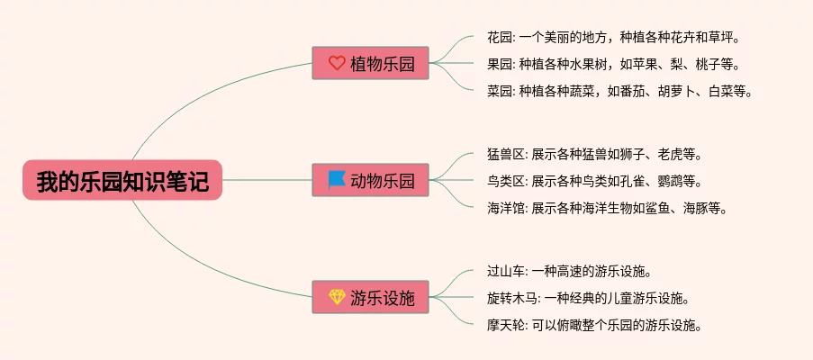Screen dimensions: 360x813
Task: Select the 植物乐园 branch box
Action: (370, 63)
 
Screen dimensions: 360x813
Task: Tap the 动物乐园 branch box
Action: (370, 181)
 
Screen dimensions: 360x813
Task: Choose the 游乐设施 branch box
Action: (370, 298)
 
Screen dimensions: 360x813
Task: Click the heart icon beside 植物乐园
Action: (337, 63)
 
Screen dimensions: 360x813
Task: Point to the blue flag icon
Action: (337, 180)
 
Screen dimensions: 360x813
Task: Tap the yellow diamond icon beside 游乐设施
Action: (337, 298)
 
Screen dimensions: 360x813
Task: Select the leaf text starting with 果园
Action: (609, 64)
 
